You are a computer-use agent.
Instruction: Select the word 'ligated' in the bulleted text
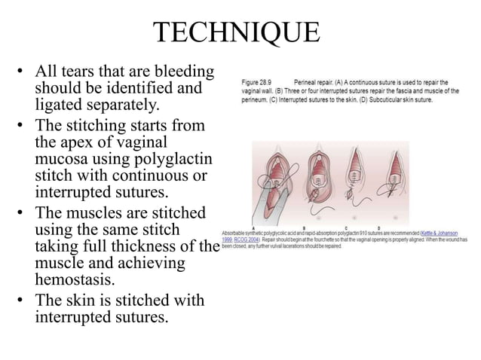pyautogui.click(x=60, y=103)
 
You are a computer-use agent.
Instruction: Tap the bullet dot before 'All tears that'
pyautogui.click(x=20, y=72)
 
